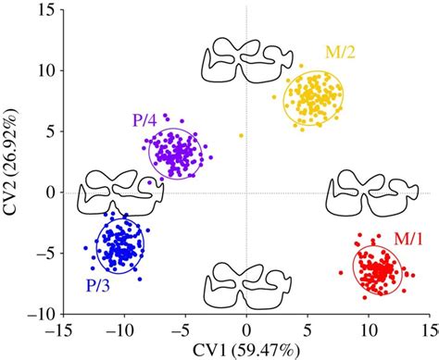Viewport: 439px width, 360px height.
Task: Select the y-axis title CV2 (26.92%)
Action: coord(12,162)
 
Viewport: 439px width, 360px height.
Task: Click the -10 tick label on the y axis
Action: coord(39,315)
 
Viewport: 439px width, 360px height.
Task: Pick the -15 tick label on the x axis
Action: coord(61,329)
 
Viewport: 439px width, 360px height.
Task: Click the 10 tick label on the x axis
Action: coord(369,329)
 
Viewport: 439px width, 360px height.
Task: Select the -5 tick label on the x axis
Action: coord(184,329)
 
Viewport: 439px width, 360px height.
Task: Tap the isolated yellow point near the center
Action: coord(241,136)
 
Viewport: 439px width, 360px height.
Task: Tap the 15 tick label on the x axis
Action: coord(428,329)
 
